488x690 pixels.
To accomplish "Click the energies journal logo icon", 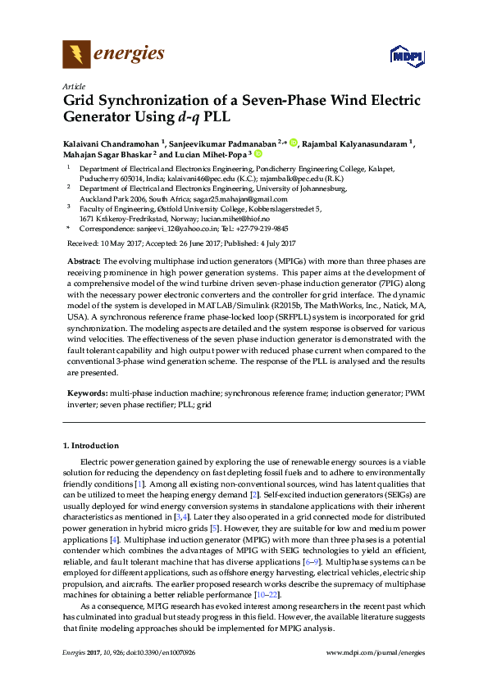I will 76,55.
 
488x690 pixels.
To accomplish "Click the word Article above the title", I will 72,85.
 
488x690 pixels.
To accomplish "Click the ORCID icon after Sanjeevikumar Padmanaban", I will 294,143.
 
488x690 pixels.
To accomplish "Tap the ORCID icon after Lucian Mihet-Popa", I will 257,154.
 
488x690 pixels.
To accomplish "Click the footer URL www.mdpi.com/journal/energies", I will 376,674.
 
